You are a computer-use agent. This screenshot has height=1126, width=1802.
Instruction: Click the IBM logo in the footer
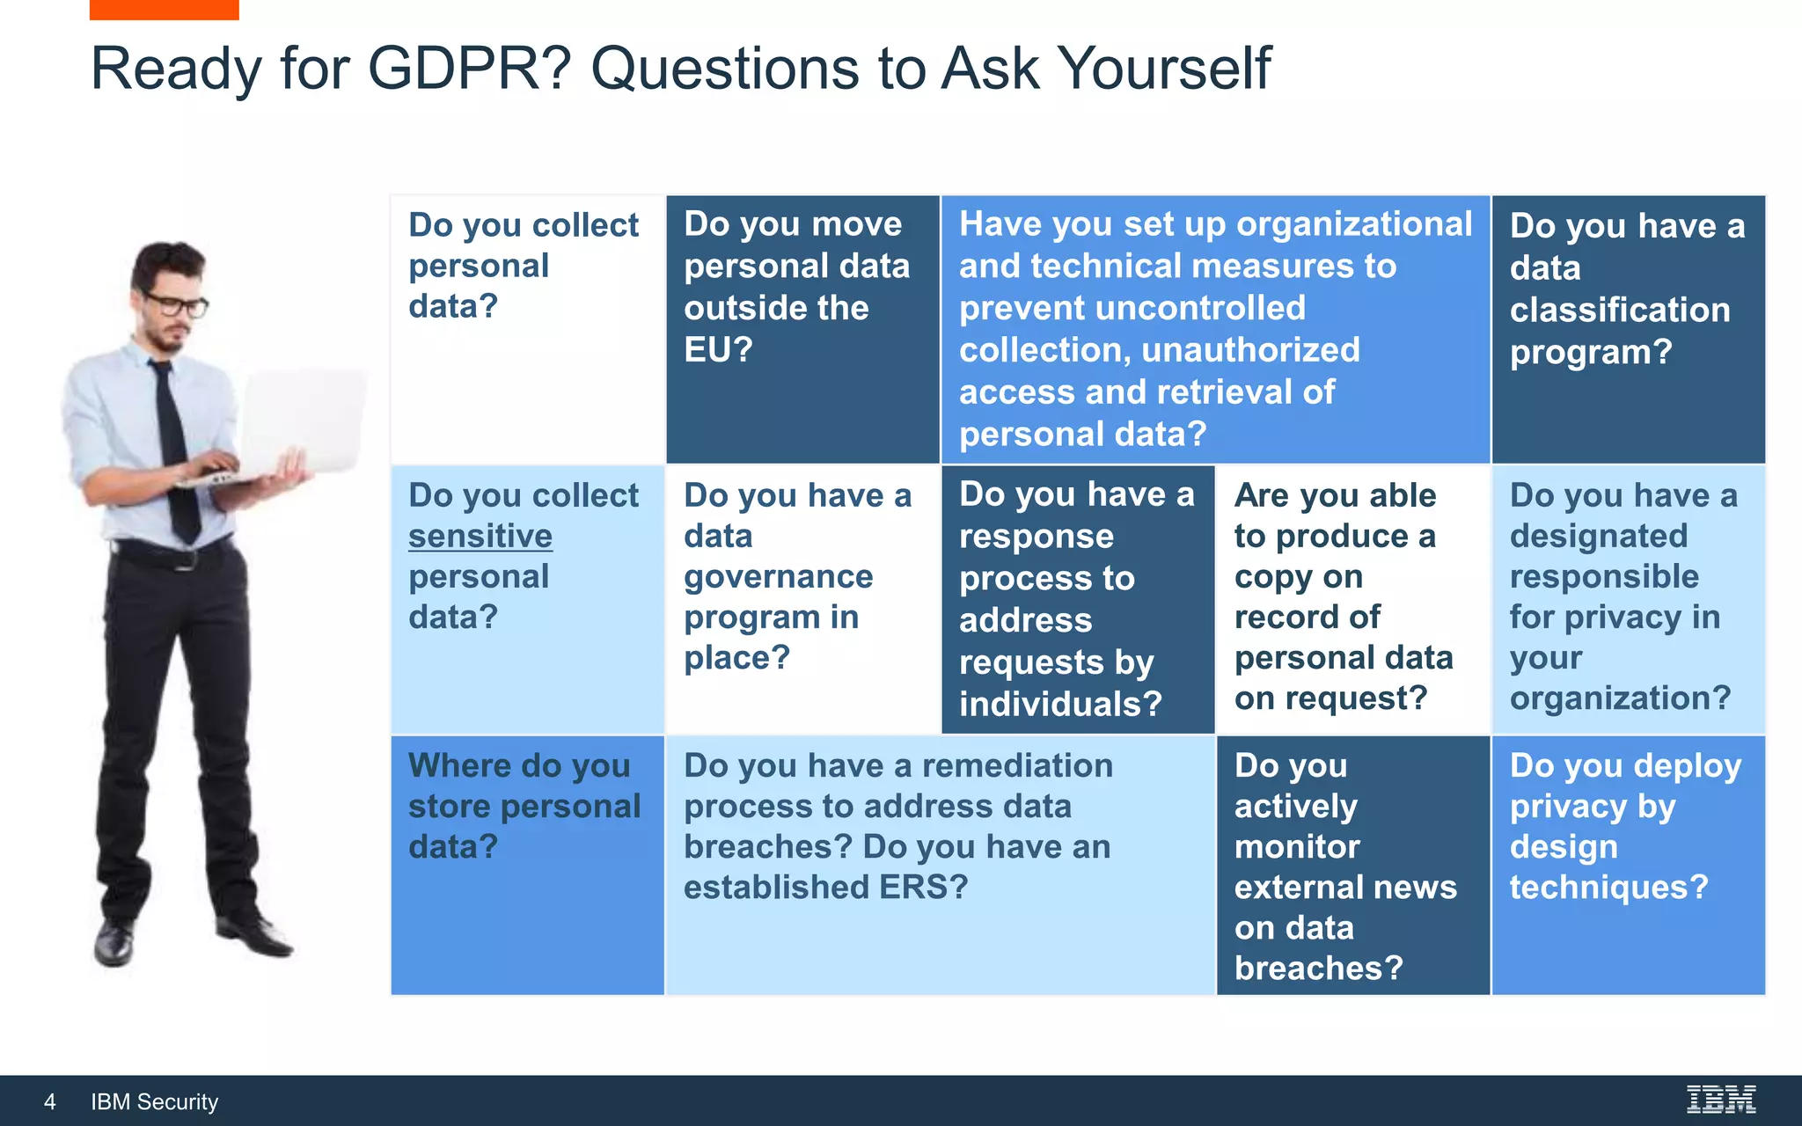pyautogui.click(x=1721, y=1100)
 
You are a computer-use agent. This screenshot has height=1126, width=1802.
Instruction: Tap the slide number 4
pyautogui.click(x=50, y=1101)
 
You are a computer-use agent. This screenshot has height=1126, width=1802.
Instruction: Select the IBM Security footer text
pyautogui.click(x=155, y=1101)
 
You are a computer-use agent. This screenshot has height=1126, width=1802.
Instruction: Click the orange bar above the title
pyautogui.click(x=164, y=9)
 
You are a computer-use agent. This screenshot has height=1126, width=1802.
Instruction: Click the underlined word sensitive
pyautogui.click(x=480, y=536)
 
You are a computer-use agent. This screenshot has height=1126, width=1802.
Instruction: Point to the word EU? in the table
pyautogui.click(x=719, y=350)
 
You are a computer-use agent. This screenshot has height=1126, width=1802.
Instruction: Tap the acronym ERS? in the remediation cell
pyautogui.click(x=923, y=887)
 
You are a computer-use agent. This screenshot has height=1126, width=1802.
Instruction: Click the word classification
pyautogui.click(x=1620, y=310)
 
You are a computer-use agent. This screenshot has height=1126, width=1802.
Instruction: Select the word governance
pyautogui.click(x=779, y=577)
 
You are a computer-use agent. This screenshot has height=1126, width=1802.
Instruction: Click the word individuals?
pyautogui.click(x=1060, y=704)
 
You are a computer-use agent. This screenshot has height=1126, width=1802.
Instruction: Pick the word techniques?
pyautogui.click(x=1608, y=887)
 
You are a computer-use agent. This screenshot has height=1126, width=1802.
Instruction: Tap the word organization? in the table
pyautogui.click(x=1620, y=698)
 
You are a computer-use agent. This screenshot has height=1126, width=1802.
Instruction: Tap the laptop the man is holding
pyautogui.click(x=299, y=422)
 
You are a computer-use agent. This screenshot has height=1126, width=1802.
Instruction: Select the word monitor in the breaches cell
pyautogui.click(x=1297, y=846)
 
